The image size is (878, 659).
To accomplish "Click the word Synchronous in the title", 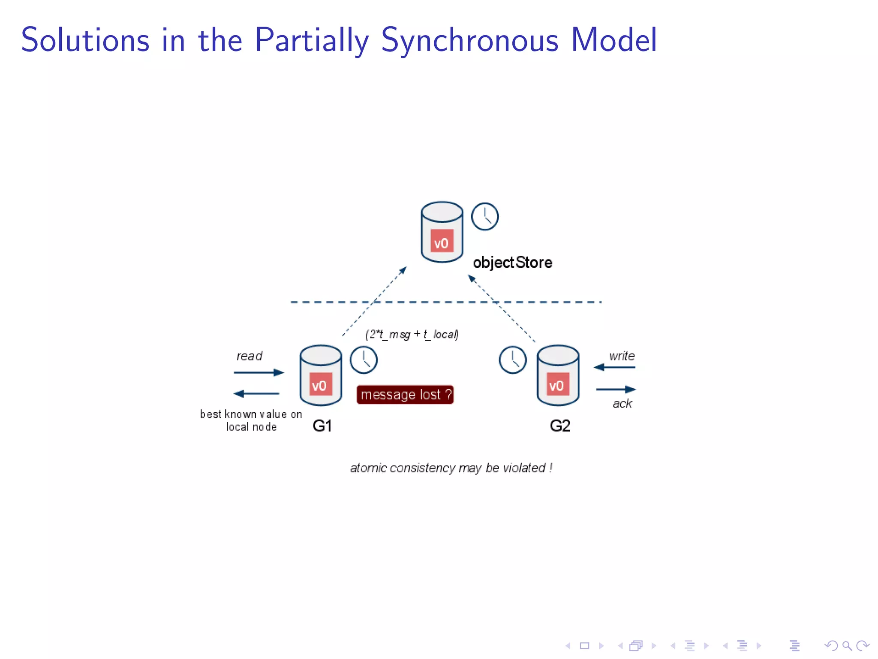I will [469, 41].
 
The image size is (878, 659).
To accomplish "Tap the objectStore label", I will [512, 262].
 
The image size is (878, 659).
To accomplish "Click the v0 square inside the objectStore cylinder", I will [442, 241].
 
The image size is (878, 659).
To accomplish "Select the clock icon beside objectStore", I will [485, 216].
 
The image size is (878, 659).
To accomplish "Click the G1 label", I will [322, 426].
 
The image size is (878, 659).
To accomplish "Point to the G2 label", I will [560, 426].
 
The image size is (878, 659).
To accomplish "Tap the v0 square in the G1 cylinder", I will [320, 384].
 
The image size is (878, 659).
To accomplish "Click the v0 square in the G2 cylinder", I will [557, 384].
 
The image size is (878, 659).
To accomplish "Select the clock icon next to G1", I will [364, 360].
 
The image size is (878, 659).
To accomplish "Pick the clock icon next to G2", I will [513, 360].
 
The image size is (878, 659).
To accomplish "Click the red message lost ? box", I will [405, 394].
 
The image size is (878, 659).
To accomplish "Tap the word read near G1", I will [249, 356].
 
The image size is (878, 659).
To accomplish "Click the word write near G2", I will [622, 356].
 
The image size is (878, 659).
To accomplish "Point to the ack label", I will [622, 403].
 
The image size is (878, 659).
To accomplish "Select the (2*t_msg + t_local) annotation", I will [412, 334].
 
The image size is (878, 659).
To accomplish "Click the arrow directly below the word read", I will [259, 372].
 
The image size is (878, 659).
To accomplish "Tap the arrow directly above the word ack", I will [616, 389].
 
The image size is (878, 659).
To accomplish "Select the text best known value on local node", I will [251, 420].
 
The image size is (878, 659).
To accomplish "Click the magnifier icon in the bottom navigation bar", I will [847, 645].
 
